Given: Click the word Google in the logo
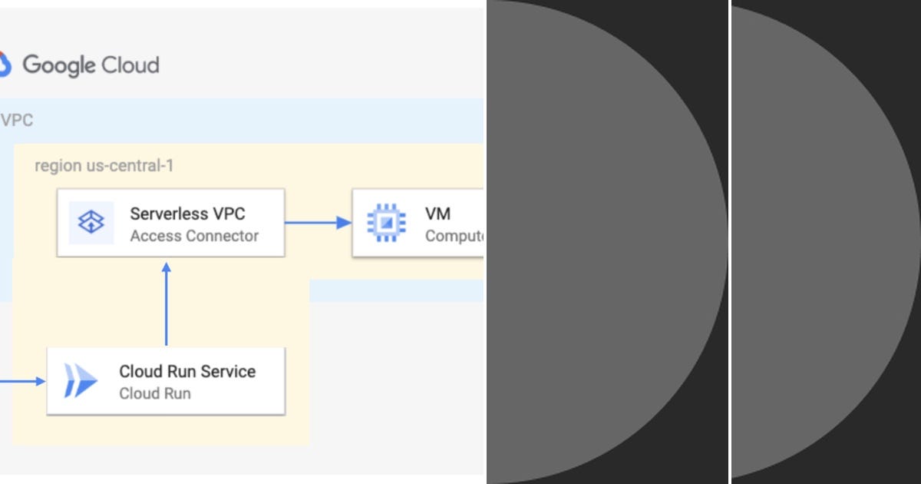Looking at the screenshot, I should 59,65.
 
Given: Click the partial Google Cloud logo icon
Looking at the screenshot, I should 5,65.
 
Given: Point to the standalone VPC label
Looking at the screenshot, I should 17,121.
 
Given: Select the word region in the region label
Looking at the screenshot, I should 57,166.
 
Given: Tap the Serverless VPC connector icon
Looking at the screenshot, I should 91,223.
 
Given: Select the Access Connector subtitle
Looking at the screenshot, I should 194,236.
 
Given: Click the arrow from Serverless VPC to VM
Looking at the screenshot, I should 316,223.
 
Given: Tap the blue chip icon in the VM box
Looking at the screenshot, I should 386,223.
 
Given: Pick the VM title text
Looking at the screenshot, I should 437,214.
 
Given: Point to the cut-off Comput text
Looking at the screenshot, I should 454,236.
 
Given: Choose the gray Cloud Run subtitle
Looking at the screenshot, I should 155,393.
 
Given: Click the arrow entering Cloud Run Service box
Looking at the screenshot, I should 23,380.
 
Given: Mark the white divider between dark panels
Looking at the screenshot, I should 730,242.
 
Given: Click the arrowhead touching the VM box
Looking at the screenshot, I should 345,223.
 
